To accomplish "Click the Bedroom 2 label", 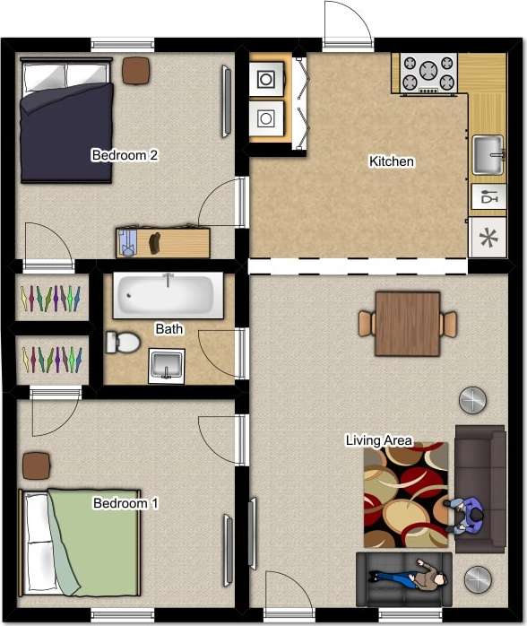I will pyautogui.click(x=125, y=155).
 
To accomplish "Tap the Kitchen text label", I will pyautogui.click(x=392, y=161).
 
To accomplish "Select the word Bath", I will pyautogui.click(x=169, y=329).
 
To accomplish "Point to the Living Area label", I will pyautogui.click(x=379, y=440).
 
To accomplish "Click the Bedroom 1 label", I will pyautogui.click(x=125, y=503).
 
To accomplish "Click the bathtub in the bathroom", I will pyautogui.click(x=168, y=295).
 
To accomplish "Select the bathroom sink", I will pyautogui.click(x=166, y=365).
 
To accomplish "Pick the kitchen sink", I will pyautogui.click(x=488, y=154).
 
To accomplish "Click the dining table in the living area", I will pyautogui.click(x=408, y=323).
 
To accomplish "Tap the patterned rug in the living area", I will pyautogui.click(x=405, y=495).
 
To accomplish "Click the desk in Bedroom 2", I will pyautogui.click(x=162, y=242).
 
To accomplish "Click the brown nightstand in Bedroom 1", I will pyautogui.click(x=36, y=465).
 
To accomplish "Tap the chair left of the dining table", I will pyautogui.click(x=366, y=323).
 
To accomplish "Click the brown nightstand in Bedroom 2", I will pyautogui.click(x=136, y=70).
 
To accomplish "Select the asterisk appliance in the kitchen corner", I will pyautogui.click(x=488, y=238).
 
